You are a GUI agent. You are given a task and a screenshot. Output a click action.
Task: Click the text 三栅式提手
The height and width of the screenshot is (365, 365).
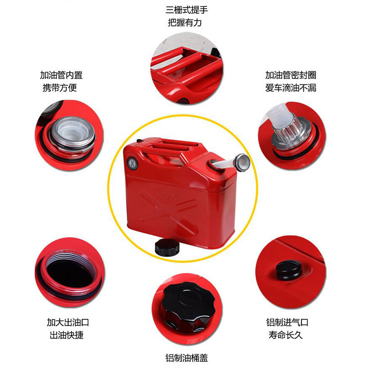[x=187, y=10]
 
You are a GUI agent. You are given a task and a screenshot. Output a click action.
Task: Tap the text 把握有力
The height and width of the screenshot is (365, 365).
[x=185, y=22]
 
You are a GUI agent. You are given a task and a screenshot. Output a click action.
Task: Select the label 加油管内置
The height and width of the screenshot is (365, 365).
[x=61, y=75]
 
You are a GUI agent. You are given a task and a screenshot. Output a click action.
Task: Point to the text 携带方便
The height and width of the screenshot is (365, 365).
[x=60, y=88]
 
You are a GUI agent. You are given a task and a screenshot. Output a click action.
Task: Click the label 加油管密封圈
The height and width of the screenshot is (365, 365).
[x=291, y=75]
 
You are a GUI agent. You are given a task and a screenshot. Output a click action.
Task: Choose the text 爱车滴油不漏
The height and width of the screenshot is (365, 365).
[x=291, y=88]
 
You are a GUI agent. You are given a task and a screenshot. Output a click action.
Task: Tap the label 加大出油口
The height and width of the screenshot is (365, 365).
[x=68, y=323]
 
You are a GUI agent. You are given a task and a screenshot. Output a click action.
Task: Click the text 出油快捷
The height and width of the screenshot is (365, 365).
[x=67, y=335]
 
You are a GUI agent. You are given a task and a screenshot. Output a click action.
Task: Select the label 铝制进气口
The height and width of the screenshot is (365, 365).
[x=287, y=323]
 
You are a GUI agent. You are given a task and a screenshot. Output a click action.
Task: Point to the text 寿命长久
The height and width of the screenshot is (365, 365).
[x=286, y=335]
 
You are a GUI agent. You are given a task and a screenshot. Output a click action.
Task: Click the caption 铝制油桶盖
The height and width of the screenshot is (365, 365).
[x=187, y=358]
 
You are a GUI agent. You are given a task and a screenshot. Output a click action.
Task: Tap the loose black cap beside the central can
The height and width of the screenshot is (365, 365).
[x=167, y=247]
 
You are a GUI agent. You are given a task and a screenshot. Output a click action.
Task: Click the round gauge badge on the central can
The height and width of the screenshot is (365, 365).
[x=132, y=163]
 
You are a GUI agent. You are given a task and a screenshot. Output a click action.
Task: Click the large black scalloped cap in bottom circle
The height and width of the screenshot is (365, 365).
[x=188, y=305]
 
